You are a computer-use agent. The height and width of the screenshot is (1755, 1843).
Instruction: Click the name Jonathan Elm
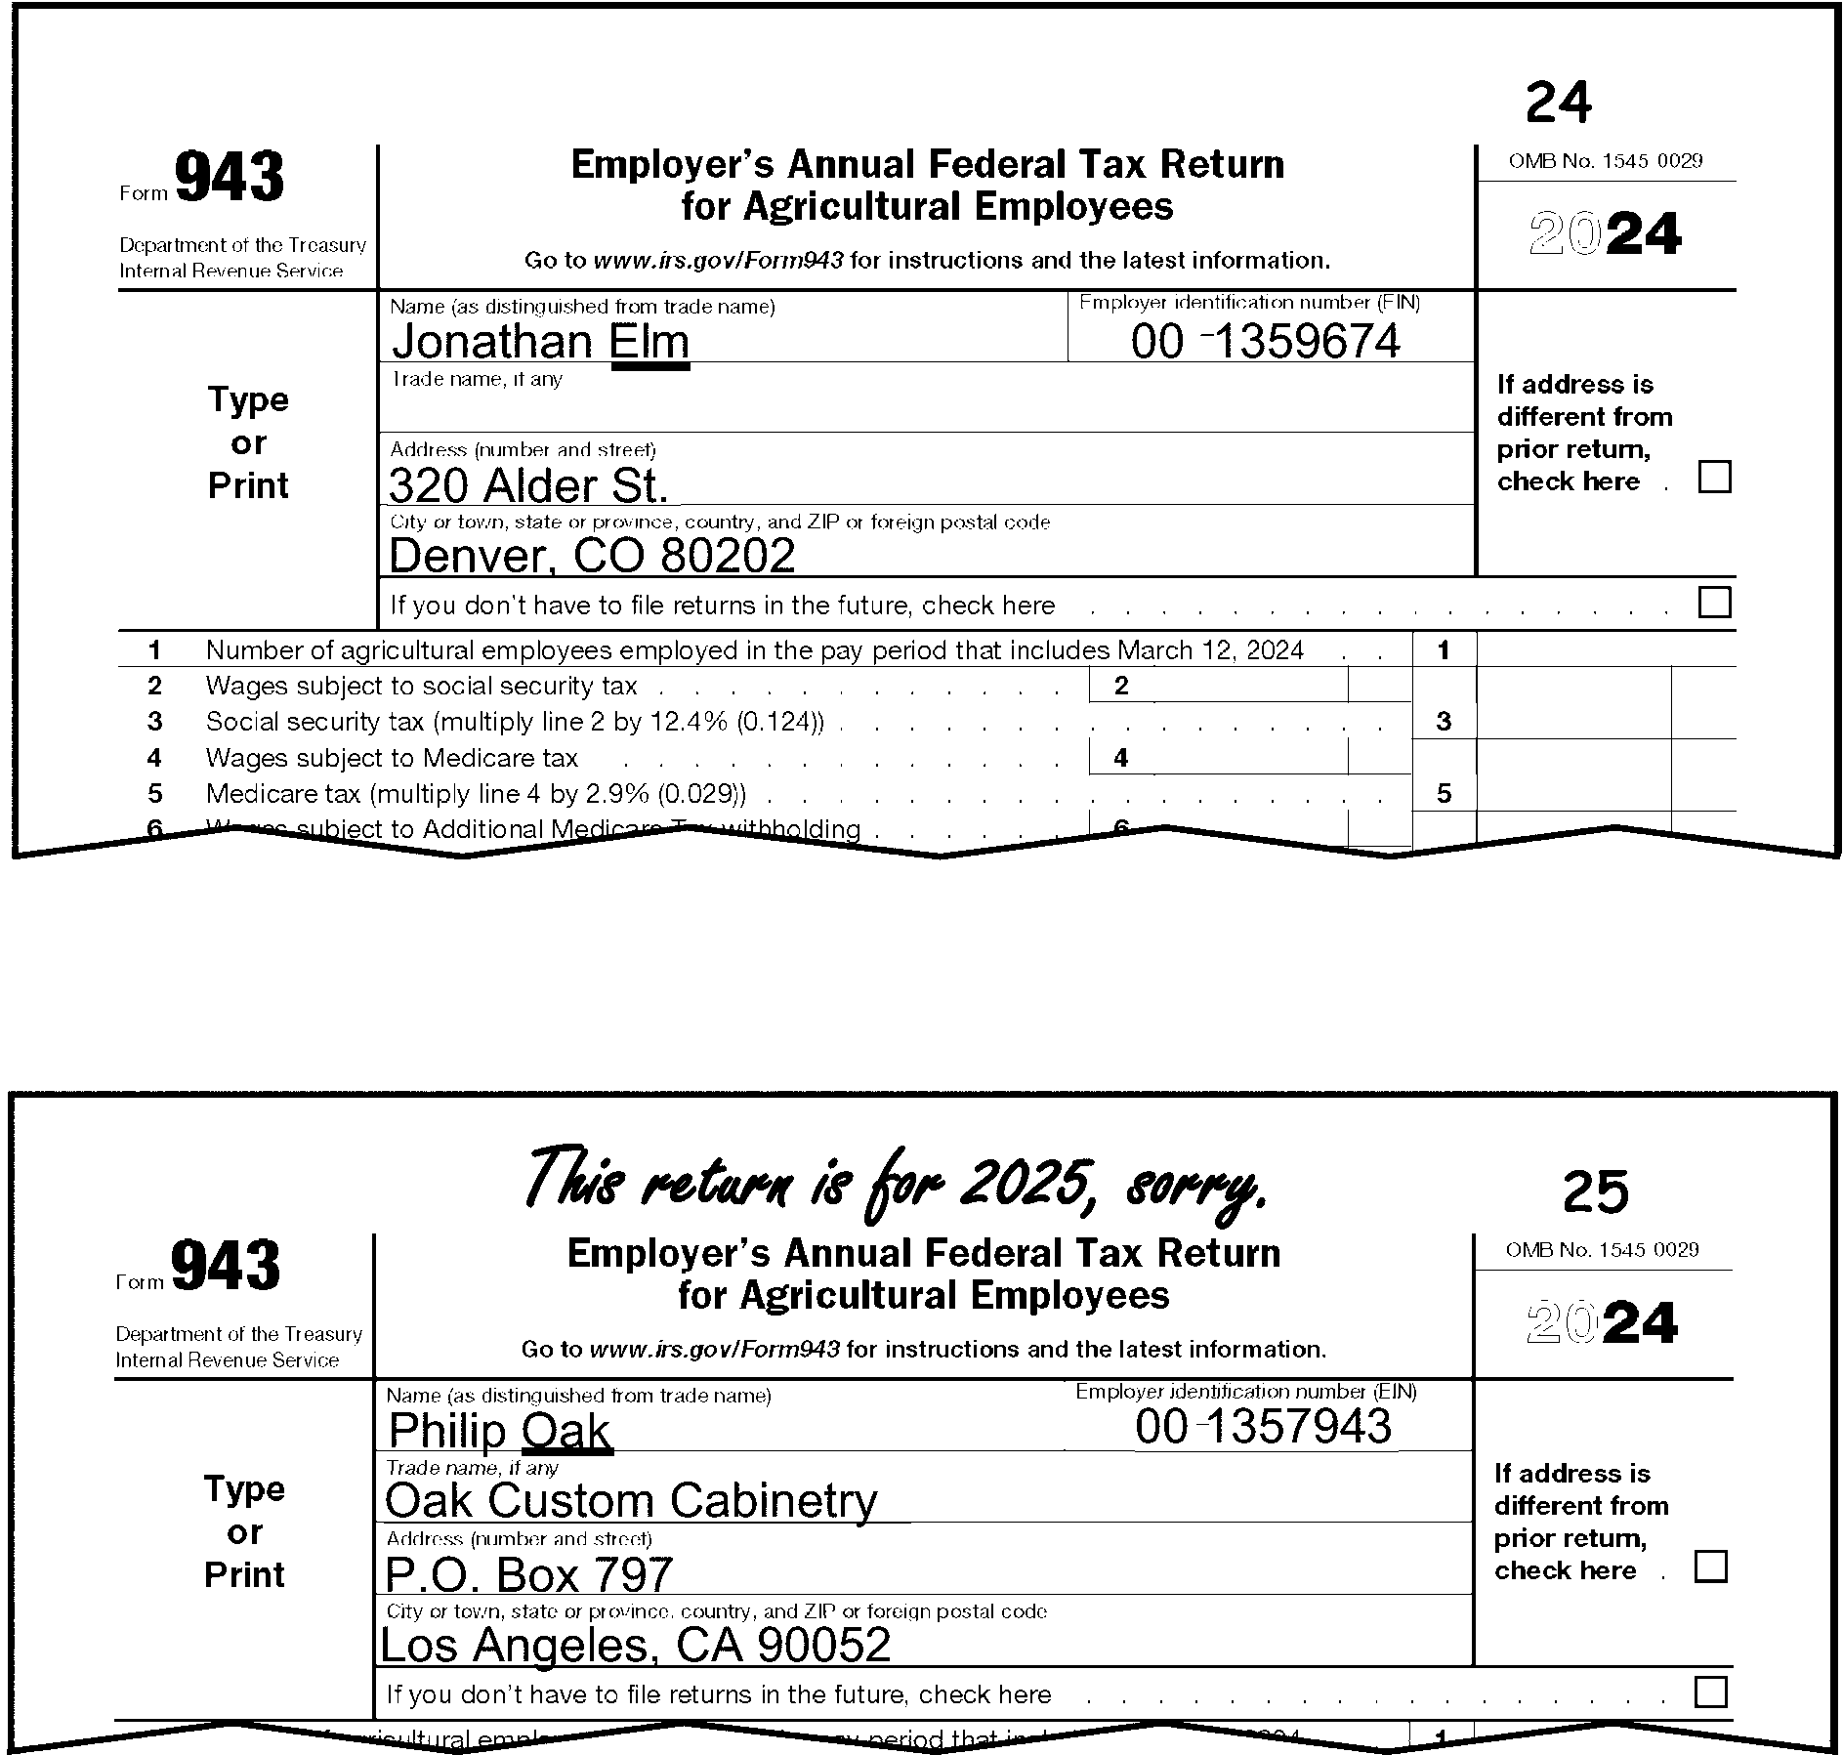(x=540, y=342)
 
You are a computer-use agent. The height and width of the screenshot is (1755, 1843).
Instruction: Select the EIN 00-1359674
(x=1266, y=342)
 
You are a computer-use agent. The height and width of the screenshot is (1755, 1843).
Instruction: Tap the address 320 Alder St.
(x=528, y=485)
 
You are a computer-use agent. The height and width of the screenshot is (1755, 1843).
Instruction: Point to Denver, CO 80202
(x=592, y=556)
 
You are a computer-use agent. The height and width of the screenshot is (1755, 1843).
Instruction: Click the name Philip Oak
(x=499, y=1431)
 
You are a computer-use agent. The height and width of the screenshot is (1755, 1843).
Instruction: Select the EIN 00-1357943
(x=1263, y=1427)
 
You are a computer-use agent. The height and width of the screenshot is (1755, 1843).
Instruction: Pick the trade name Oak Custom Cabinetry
(x=631, y=1501)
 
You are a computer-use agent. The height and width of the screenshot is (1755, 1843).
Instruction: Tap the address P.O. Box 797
(x=529, y=1574)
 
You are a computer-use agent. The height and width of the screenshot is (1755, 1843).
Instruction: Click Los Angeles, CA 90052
(x=635, y=1645)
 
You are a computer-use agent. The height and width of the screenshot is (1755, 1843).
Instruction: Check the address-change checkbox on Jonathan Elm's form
(x=1714, y=478)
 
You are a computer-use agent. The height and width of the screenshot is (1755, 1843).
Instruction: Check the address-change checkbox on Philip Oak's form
(x=1710, y=1567)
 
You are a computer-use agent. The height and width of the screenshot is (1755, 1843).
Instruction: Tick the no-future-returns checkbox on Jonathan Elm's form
(x=1714, y=603)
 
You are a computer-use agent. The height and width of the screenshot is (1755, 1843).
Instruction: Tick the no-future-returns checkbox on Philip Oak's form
(x=1710, y=1692)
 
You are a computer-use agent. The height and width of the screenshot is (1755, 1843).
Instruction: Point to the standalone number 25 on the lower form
(x=1595, y=1191)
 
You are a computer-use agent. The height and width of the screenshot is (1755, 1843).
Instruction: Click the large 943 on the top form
(x=230, y=178)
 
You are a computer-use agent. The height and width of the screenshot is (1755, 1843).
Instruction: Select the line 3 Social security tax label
(x=515, y=722)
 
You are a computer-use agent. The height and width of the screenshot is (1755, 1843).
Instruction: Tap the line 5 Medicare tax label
(x=477, y=794)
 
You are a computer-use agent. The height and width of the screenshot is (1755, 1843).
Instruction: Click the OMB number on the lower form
(x=1602, y=1250)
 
